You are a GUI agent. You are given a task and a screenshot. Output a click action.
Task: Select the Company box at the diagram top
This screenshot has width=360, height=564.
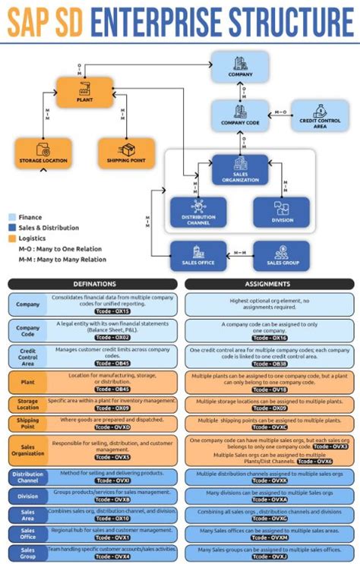click(241, 66)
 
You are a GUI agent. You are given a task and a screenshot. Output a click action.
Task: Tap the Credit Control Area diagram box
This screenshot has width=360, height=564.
click(320, 116)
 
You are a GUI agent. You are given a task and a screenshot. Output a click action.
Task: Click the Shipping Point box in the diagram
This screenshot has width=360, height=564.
click(126, 153)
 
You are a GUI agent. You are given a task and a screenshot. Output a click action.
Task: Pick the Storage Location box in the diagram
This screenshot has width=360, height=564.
click(43, 153)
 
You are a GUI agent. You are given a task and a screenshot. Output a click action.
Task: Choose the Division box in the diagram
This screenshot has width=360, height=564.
click(281, 212)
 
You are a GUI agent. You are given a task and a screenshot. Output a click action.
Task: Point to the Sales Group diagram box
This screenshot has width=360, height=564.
click(281, 256)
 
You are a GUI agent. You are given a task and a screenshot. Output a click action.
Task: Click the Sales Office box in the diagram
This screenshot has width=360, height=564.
click(198, 256)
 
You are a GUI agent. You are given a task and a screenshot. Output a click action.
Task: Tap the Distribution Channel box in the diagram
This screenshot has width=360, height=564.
click(198, 212)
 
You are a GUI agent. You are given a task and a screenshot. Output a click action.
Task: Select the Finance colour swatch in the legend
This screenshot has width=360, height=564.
click(12, 216)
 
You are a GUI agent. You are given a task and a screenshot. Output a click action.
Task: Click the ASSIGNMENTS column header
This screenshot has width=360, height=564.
click(268, 285)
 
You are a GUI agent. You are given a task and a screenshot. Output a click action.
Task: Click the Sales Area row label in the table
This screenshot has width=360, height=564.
click(27, 515)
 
